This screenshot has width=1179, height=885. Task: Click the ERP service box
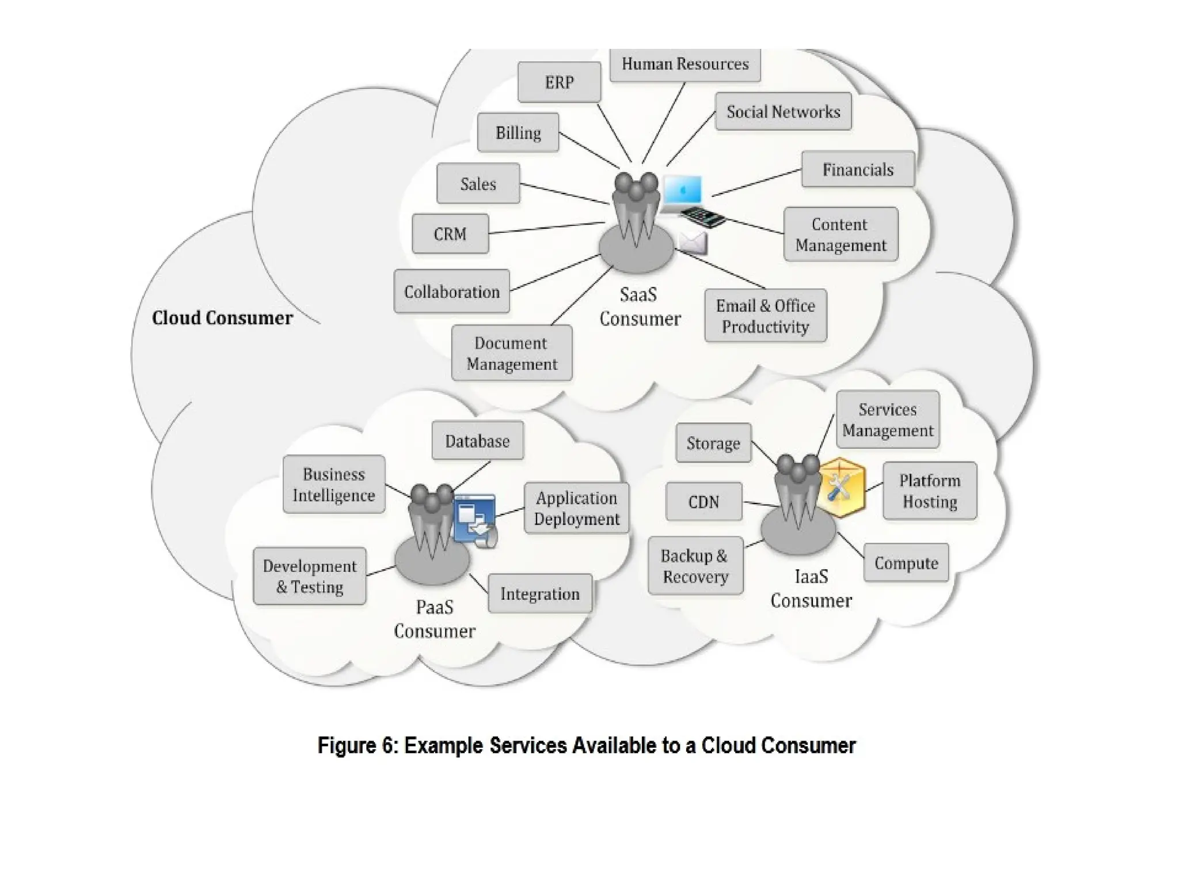[x=559, y=82]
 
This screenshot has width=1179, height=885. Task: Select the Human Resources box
[x=685, y=65]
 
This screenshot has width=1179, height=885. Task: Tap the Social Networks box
[x=783, y=112]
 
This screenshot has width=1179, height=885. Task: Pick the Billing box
[x=518, y=133]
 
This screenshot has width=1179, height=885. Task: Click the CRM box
[x=450, y=234]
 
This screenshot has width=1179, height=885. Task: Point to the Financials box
[x=858, y=169]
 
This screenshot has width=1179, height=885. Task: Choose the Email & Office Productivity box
[x=766, y=316]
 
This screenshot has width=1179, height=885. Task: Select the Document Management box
[x=512, y=353]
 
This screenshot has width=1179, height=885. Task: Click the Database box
[x=478, y=441]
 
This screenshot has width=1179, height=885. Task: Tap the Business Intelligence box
[x=334, y=485]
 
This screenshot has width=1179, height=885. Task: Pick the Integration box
[x=540, y=593]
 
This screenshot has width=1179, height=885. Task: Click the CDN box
[x=704, y=502]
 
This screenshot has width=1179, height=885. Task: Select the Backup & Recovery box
[x=695, y=566]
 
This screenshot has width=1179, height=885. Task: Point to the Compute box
[x=906, y=563]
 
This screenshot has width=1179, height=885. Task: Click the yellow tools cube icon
[x=840, y=487]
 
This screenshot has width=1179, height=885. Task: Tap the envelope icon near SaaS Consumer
[x=693, y=243]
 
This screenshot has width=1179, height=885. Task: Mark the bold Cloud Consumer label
[x=222, y=318]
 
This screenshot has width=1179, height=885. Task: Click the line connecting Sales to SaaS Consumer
[x=564, y=194]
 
